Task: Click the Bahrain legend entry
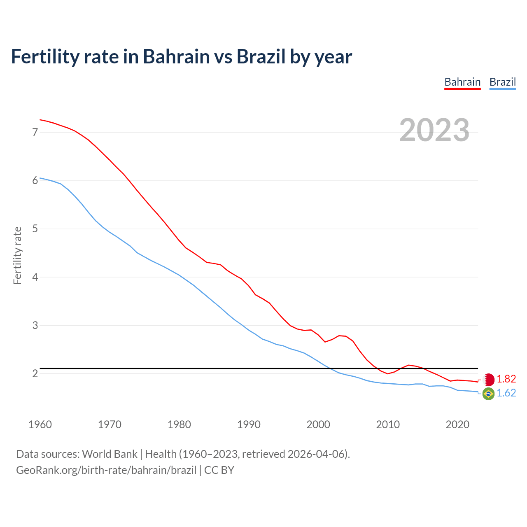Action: [462, 82]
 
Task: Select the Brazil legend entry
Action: [502, 82]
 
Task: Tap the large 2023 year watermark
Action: [434, 130]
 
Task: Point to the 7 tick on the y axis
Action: [35, 132]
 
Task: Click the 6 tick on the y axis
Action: [35, 180]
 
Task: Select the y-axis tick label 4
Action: [35, 277]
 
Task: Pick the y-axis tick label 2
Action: [35, 373]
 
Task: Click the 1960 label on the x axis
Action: [40, 424]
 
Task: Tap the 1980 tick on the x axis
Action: [179, 424]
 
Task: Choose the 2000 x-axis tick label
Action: [318, 424]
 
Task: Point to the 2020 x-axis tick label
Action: [457, 424]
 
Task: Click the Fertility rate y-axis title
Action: [17, 255]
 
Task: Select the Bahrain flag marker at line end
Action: [488, 379]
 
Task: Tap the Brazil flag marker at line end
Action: [488, 394]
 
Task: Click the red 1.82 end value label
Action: [506, 379]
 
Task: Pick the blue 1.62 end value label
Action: [506, 393]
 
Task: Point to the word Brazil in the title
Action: [261, 56]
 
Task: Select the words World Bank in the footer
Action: [110, 454]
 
